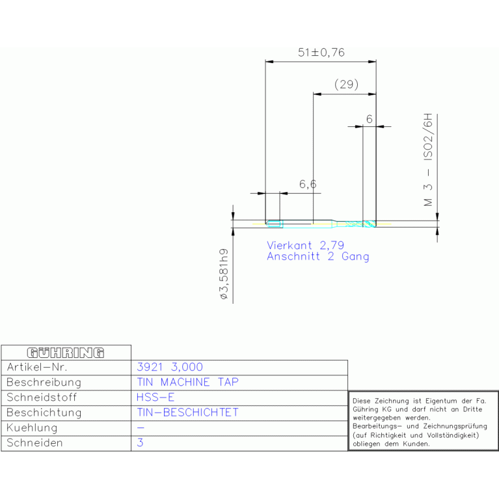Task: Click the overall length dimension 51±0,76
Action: coord(321,52)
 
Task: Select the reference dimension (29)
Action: coord(346,85)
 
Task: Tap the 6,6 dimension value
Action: coord(308,184)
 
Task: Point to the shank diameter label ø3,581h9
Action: coord(224,274)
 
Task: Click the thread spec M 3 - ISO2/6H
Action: coord(428,159)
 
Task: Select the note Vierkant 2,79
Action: coord(306,245)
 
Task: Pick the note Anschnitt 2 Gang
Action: coord(318,256)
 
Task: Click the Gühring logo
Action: coord(66,353)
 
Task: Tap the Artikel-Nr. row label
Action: coord(37,367)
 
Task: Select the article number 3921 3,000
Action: coord(170,367)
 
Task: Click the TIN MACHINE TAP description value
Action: coord(188,382)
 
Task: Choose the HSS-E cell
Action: coord(155,397)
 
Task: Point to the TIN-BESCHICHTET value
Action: coord(188,412)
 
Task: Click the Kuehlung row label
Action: coord(32,427)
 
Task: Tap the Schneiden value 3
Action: coord(140,442)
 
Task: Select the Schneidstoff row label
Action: coord(42,398)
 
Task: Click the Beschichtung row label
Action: coord(44,412)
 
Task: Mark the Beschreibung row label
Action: coord(44,382)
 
